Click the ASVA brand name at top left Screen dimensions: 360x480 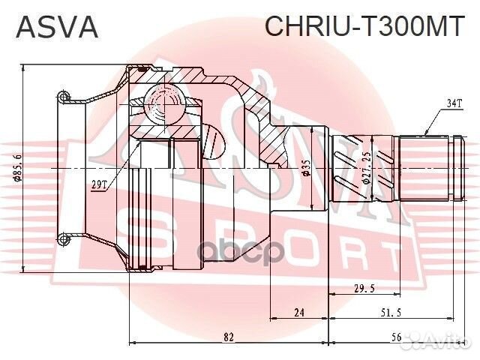[x=57, y=27]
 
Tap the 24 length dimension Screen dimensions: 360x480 [x=298, y=313]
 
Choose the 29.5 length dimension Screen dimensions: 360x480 [x=364, y=289]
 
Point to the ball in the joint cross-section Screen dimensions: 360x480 [x=163, y=100]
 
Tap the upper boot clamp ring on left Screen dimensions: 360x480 [x=64, y=96]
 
